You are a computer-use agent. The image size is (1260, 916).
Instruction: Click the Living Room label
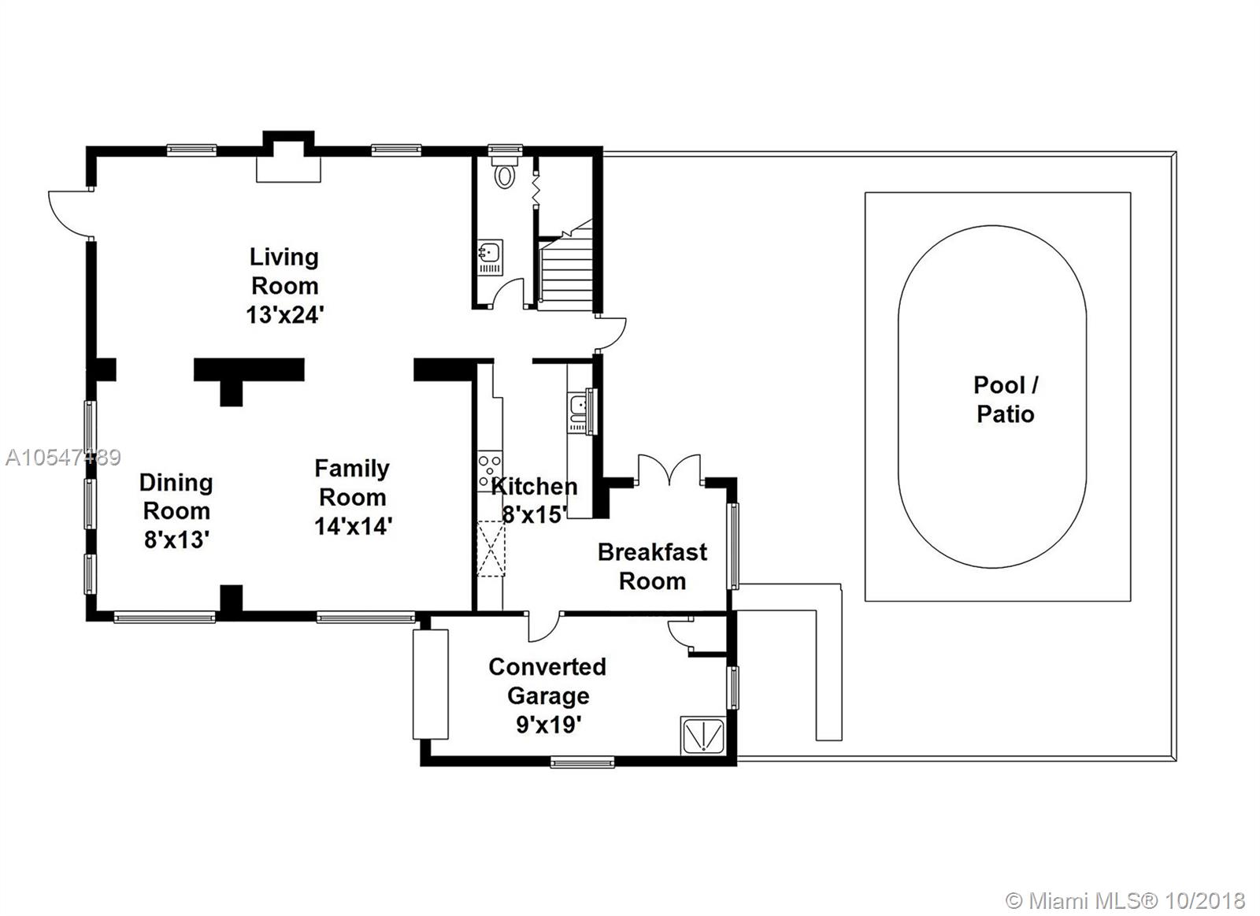coord(284,271)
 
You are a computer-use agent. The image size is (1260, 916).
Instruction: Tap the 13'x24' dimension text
coord(285,314)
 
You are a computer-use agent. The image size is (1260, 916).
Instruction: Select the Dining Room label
coord(176,496)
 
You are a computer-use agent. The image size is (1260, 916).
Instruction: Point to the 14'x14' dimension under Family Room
coord(354,526)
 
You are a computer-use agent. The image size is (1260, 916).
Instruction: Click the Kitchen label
coord(535,486)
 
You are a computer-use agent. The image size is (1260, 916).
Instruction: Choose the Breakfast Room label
coord(653,566)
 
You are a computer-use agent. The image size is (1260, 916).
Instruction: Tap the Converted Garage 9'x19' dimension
coord(548,725)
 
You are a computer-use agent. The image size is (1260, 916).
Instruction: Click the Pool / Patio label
coord(1006,399)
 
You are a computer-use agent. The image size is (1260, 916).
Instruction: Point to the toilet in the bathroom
coord(505,171)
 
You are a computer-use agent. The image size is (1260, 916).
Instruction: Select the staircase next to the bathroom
coord(565,265)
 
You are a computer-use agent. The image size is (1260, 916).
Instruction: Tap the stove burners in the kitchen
coord(490,471)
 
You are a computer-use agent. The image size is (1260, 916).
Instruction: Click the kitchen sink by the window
coord(578,411)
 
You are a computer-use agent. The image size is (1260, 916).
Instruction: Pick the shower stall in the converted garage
coord(703,736)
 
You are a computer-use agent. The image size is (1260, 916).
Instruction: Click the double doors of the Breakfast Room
coord(669,470)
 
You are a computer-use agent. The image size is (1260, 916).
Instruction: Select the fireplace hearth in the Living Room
coord(288,169)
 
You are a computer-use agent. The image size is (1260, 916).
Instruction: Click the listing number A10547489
coord(63,458)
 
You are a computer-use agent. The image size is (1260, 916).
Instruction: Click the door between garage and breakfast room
coord(544,628)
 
